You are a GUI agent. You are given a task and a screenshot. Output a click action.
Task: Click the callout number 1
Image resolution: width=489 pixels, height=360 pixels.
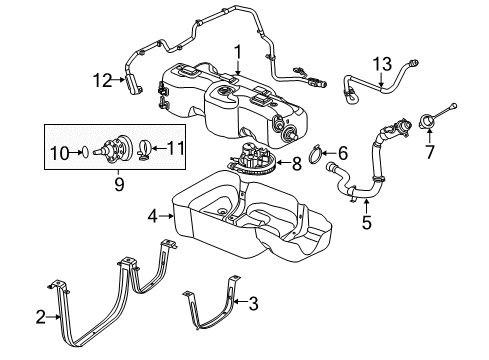pyautogui.click(x=238, y=51)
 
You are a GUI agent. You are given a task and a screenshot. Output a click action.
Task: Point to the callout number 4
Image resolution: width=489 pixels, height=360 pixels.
pyautogui.click(x=153, y=214)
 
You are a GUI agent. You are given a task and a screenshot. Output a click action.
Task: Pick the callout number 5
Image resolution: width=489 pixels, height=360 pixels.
pyautogui.click(x=366, y=224)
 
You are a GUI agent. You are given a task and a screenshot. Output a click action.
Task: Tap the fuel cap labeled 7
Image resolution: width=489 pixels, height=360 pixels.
pyautogui.click(x=431, y=123)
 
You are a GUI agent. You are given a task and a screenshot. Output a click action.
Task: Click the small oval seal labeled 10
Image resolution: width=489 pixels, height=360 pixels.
pyautogui.click(x=86, y=152)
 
